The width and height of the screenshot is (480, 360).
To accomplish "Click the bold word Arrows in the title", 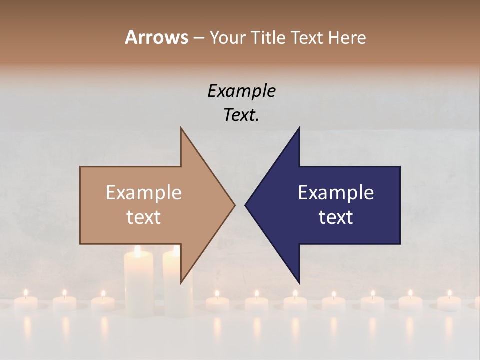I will tap(156, 37).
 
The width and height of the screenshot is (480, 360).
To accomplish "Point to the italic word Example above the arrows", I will tap(241, 91).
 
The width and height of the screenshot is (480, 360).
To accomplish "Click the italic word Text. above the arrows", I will tap(241, 115).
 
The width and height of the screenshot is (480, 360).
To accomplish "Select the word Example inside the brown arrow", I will tap(144, 193).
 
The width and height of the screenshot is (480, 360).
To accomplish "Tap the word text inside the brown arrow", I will tap(144, 217).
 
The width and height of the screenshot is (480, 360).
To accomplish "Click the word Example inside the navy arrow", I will tap(336, 193).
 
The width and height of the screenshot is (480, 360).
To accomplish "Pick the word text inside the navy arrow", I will tap(336, 217).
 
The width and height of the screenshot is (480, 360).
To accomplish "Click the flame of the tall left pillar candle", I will tap(137, 251).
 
